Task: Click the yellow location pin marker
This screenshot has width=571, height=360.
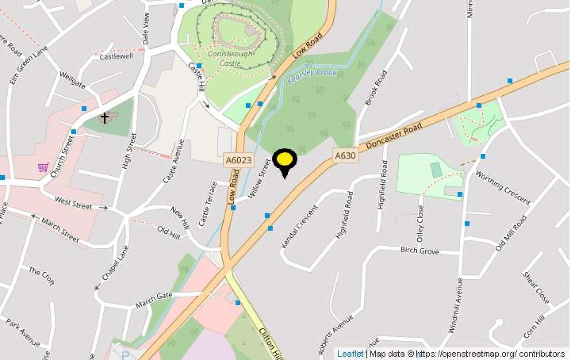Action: point(285,161)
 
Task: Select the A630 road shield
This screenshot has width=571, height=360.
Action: point(345,155)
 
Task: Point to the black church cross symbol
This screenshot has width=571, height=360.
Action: point(104,117)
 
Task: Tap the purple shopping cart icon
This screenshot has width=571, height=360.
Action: point(43,167)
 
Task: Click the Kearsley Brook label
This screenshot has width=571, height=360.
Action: point(313,76)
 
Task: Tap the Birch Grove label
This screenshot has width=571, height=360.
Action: point(419,250)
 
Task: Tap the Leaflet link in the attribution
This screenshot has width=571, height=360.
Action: point(350,354)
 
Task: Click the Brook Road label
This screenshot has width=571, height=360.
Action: point(375,88)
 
